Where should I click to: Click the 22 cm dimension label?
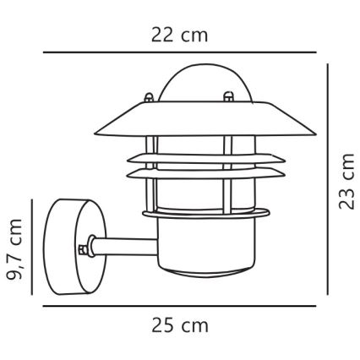click(179, 35)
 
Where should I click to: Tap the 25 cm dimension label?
click(180, 325)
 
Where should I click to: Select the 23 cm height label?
click(346, 182)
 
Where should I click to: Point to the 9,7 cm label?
click(14, 249)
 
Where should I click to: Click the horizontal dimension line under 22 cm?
click(180, 52)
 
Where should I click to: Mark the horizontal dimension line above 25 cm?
click(179, 306)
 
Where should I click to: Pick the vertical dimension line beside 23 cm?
click(328, 179)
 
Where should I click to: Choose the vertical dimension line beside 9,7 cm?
click(32, 247)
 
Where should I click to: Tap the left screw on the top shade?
click(149, 97)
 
